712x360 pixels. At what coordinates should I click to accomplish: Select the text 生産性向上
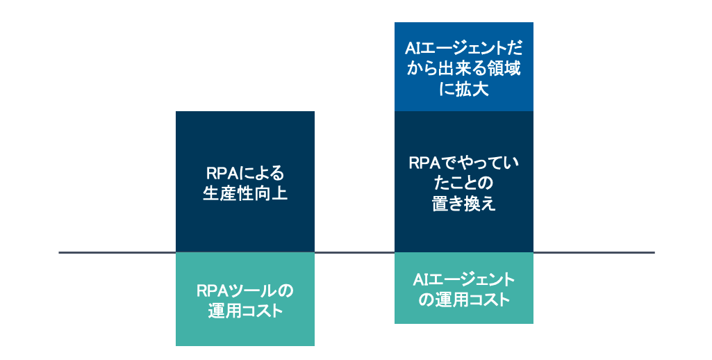pos(245,194)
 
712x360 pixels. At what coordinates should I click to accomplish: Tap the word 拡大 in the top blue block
pos(473,89)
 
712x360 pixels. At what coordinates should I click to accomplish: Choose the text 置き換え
pos(463,204)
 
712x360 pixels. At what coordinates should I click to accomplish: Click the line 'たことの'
pos(463,183)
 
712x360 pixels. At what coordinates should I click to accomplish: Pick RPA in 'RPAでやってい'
pos(423,163)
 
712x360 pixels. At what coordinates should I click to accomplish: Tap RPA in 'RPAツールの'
pos(210,291)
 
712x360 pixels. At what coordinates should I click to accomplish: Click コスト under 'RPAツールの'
pos(263,311)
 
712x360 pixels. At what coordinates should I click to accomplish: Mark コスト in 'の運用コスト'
pos(490,300)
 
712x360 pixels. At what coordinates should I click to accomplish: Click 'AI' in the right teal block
pos(420,279)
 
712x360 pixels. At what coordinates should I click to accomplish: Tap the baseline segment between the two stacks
pos(355,252)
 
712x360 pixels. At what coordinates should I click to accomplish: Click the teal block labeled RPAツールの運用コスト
pos(245,299)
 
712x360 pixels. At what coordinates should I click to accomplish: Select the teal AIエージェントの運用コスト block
pos(463,288)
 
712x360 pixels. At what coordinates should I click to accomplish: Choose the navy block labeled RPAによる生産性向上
pos(245,182)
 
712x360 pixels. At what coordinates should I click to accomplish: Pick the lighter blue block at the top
pos(463,67)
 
